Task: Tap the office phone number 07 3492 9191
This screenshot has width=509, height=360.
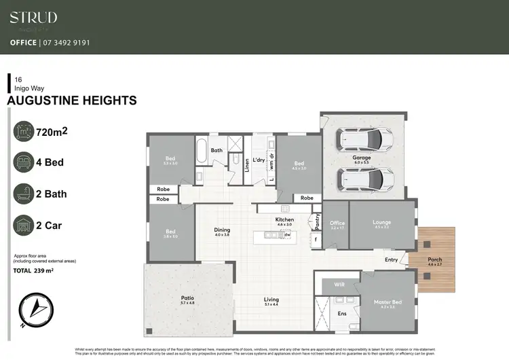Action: coord(69,42)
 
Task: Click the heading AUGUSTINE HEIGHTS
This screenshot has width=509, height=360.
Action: coord(71,101)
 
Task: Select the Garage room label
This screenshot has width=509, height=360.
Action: coord(361,158)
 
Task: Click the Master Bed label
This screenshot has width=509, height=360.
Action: coord(388,302)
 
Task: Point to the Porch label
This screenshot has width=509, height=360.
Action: coord(434,259)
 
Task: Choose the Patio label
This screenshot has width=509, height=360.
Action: coord(187,297)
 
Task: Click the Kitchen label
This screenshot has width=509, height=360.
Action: coord(284,220)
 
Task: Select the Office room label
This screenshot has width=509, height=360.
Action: coord(337,223)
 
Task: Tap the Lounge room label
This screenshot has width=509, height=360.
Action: coord(381,222)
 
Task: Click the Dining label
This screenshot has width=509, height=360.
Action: coord(222,230)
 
